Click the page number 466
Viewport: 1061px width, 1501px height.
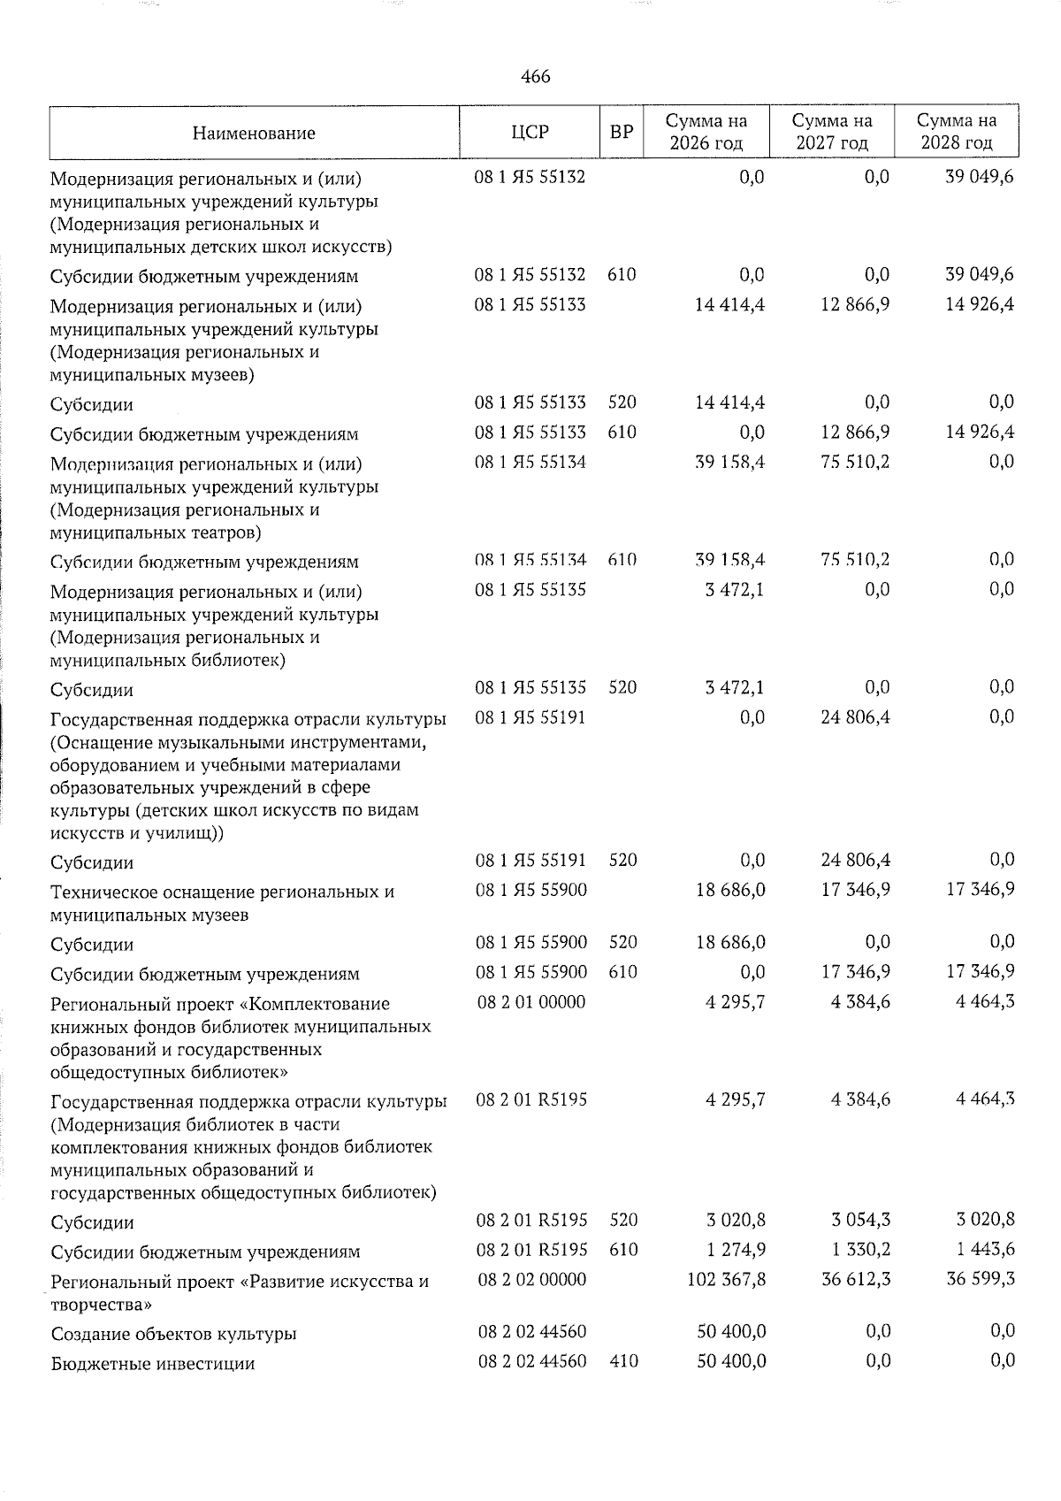(x=536, y=77)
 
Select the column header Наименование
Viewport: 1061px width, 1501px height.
(x=254, y=134)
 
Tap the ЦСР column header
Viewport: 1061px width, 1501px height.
(x=530, y=133)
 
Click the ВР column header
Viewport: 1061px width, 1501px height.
(x=622, y=133)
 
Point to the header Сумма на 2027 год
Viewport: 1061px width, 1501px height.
(x=831, y=132)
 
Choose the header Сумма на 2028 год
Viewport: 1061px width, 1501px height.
(x=956, y=132)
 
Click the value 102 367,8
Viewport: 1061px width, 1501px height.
(x=726, y=1280)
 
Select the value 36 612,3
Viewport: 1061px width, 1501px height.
(x=855, y=1280)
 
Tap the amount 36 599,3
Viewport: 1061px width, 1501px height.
(x=980, y=1279)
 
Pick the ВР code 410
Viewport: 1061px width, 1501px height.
(x=623, y=1361)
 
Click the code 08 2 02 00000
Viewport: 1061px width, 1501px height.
(x=531, y=1280)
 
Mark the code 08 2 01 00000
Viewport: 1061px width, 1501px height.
(x=530, y=1002)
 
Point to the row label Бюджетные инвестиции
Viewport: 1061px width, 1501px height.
(x=153, y=1363)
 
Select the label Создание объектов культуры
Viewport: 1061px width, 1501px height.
(x=173, y=1334)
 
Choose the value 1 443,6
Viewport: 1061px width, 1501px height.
(x=984, y=1250)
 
